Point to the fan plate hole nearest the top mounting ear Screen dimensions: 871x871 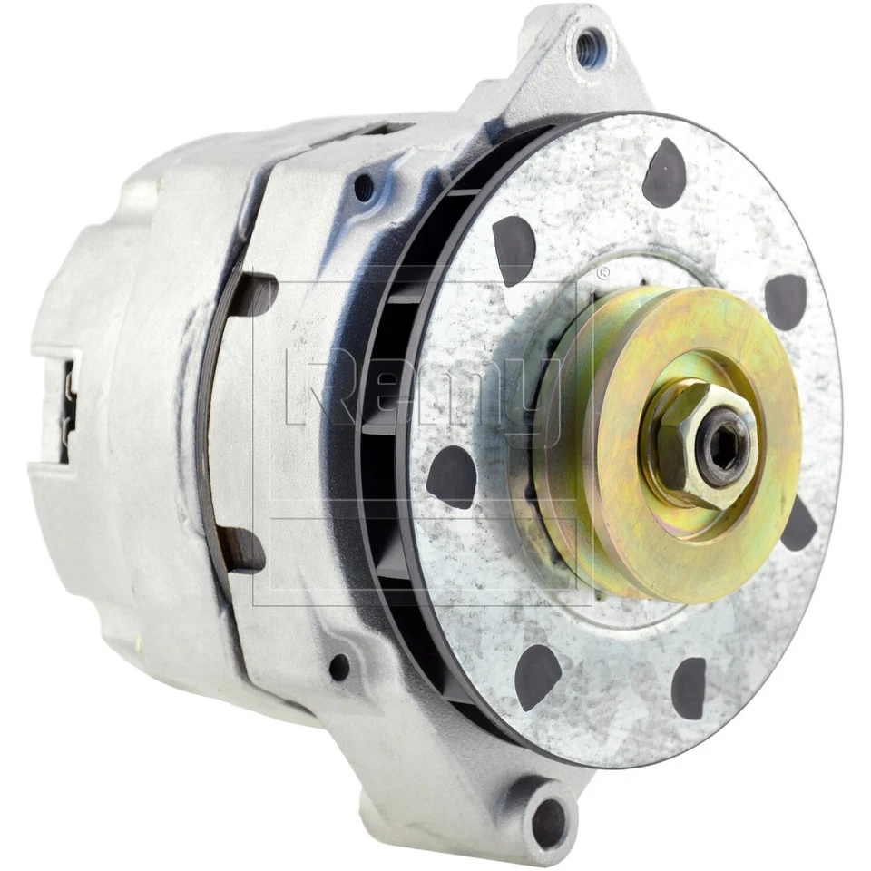(665, 172)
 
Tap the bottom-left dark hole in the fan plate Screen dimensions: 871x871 (538, 676)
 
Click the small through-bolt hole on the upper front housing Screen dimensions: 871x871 (364, 188)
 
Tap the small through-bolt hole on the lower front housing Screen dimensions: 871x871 (339, 668)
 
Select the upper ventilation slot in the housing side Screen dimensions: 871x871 (251, 294)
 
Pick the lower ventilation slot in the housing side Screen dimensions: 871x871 (242, 548)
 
